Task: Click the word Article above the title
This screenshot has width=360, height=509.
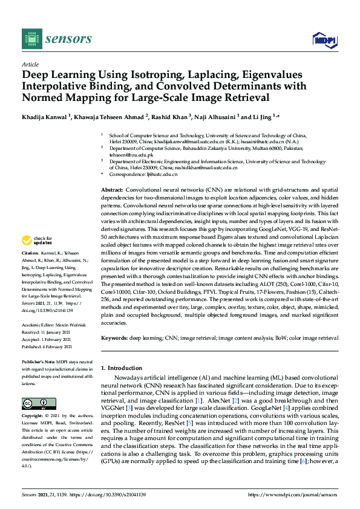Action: (30, 64)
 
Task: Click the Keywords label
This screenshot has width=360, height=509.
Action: (116, 339)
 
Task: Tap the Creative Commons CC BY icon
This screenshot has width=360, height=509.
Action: (36, 403)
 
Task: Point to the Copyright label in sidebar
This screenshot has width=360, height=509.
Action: (33, 417)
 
